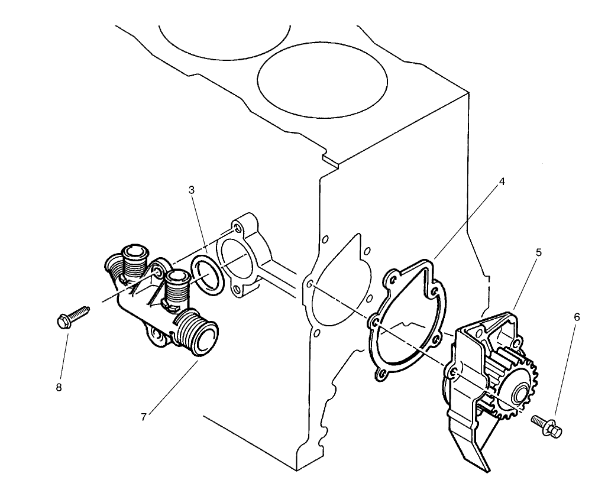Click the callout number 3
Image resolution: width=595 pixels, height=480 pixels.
(192, 190)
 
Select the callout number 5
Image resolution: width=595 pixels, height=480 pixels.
(538, 251)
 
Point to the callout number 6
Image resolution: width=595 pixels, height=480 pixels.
(577, 317)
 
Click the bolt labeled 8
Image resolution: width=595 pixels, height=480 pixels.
(72, 316)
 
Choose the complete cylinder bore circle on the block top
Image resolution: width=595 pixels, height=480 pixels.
(322, 80)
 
